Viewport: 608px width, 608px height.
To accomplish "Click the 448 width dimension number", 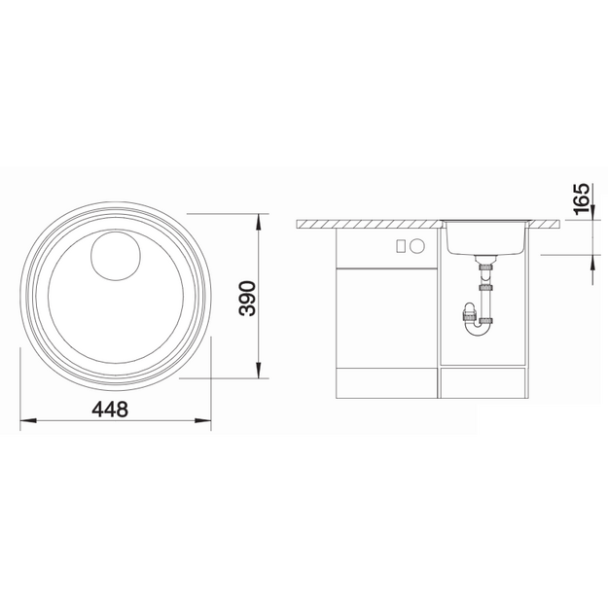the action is [110, 410].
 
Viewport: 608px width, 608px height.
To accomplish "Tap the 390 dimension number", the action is [248, 299].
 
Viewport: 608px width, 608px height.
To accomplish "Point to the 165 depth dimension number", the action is [581, 198].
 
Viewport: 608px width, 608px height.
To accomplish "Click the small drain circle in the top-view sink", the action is [116, 256].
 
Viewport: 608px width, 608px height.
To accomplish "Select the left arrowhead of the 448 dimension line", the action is [28, 420].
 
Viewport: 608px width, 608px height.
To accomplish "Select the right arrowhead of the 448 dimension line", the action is [202, 420].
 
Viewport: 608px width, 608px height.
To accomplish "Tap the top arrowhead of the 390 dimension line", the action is [259, 222].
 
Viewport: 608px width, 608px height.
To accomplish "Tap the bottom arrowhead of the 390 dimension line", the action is [259, 370].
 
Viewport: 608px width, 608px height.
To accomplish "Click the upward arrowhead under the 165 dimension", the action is [592, 263].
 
